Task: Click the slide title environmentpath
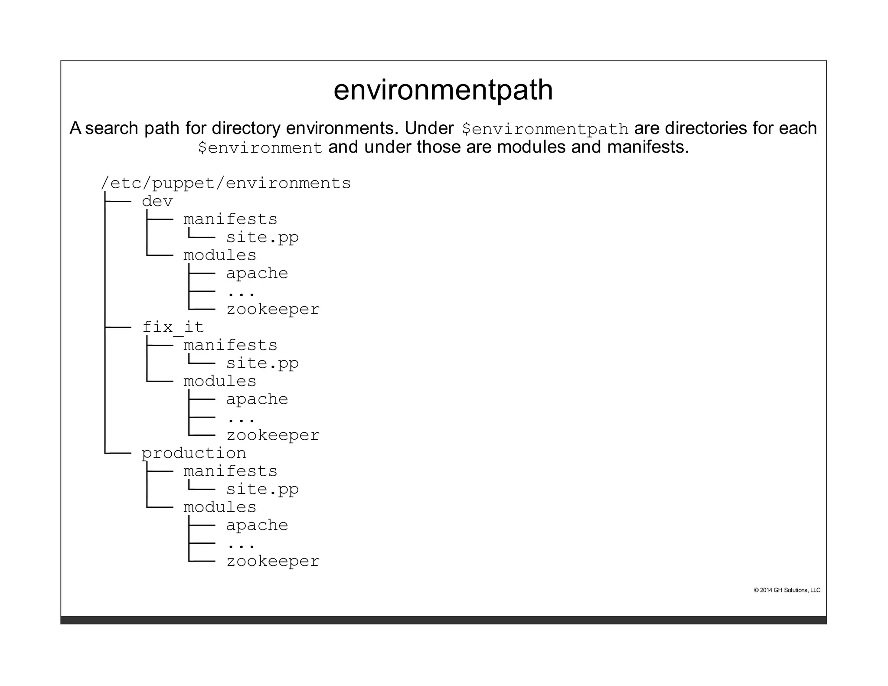443,90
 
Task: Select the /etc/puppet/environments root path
225,183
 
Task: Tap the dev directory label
157,202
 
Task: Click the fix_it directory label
173,327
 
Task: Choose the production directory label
194,453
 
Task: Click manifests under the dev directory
230,219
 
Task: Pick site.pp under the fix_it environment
262,363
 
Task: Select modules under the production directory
220,507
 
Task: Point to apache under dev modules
257,274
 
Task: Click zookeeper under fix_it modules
273,435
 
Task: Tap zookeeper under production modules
273,561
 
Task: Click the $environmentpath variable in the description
545,129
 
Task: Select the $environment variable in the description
260,148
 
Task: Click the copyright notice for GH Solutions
787,590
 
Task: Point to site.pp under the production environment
262,489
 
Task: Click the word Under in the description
429,128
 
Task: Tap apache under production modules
257,526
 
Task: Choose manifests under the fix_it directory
230,346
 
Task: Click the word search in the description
111,128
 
